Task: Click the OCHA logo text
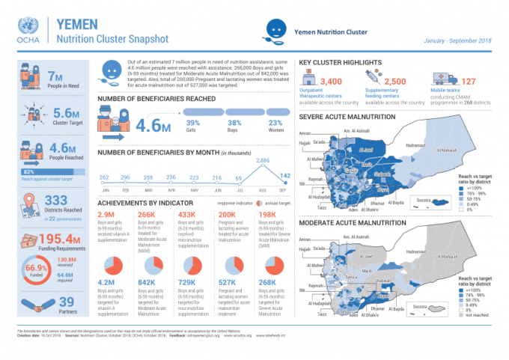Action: tap(26, 42)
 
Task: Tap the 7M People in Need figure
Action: tap(56, 77)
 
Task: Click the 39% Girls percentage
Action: tap(193, 123)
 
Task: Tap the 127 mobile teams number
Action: tap(469, 81)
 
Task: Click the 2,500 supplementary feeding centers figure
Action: tap(394, 81)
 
